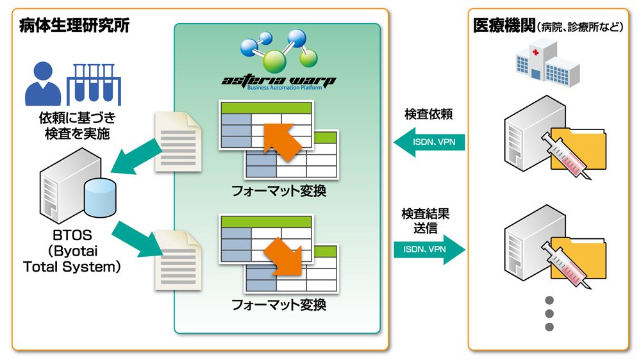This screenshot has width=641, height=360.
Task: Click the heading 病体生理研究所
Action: (74, 26)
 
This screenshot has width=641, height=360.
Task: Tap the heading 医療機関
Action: (504, 26)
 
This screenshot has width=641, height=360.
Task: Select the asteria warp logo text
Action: (279, 80)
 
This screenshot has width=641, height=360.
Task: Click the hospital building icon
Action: (547, 61)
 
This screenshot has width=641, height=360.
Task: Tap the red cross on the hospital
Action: (535, 52)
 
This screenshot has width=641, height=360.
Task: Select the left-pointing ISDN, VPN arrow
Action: (429, 142)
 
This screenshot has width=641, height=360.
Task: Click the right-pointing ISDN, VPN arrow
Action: (429, 249)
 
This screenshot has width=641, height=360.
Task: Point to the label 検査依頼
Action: (428, 114)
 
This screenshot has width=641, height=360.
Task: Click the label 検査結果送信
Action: (425, 220)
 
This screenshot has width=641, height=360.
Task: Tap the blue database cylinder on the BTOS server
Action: (100, 198)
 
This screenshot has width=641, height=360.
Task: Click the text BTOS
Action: (72, 235)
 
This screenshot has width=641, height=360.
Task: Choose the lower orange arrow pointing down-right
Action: (283, 257)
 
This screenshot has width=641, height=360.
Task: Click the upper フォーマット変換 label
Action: (279, 191)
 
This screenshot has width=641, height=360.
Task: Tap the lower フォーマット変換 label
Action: (279, 304)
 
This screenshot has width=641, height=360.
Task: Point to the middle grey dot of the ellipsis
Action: (549, 314)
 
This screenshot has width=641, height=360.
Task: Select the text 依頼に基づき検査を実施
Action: (78, 126)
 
